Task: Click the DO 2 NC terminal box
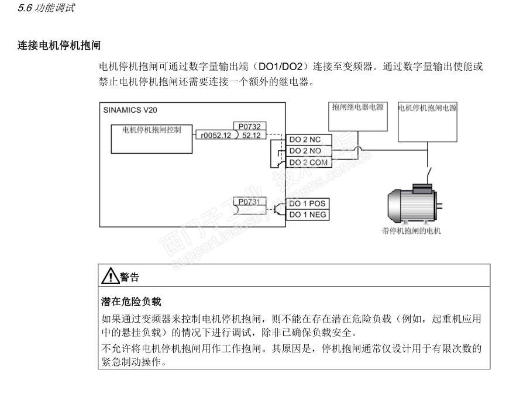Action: [x=308, y=140]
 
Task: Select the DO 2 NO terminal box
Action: [x=308, y=151]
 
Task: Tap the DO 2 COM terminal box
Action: [x=308, y=162]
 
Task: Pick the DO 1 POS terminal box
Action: [x=308, y=203]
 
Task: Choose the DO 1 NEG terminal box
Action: [x=308, y=215]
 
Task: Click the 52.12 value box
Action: [x=252, y=135]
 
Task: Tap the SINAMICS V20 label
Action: [x=130, y=110]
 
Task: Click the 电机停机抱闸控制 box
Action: [x=152, y=139]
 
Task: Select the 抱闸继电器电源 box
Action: [x=358, y=116]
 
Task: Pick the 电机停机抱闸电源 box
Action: [x=427, y=122]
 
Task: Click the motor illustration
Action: [x=413, y=205]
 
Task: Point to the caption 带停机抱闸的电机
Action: [x=411, y=231]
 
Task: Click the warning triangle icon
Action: [x=109, y=275]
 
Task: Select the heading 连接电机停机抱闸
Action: [x=59, y=45]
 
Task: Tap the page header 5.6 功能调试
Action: [x=46, y=8]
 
